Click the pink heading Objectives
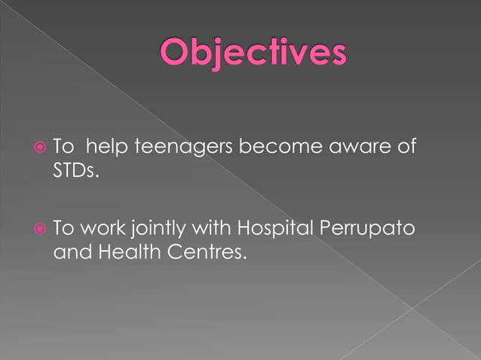tap(253, 55)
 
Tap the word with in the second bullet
tap(211, 227)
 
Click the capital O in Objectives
tap(176, 54)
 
